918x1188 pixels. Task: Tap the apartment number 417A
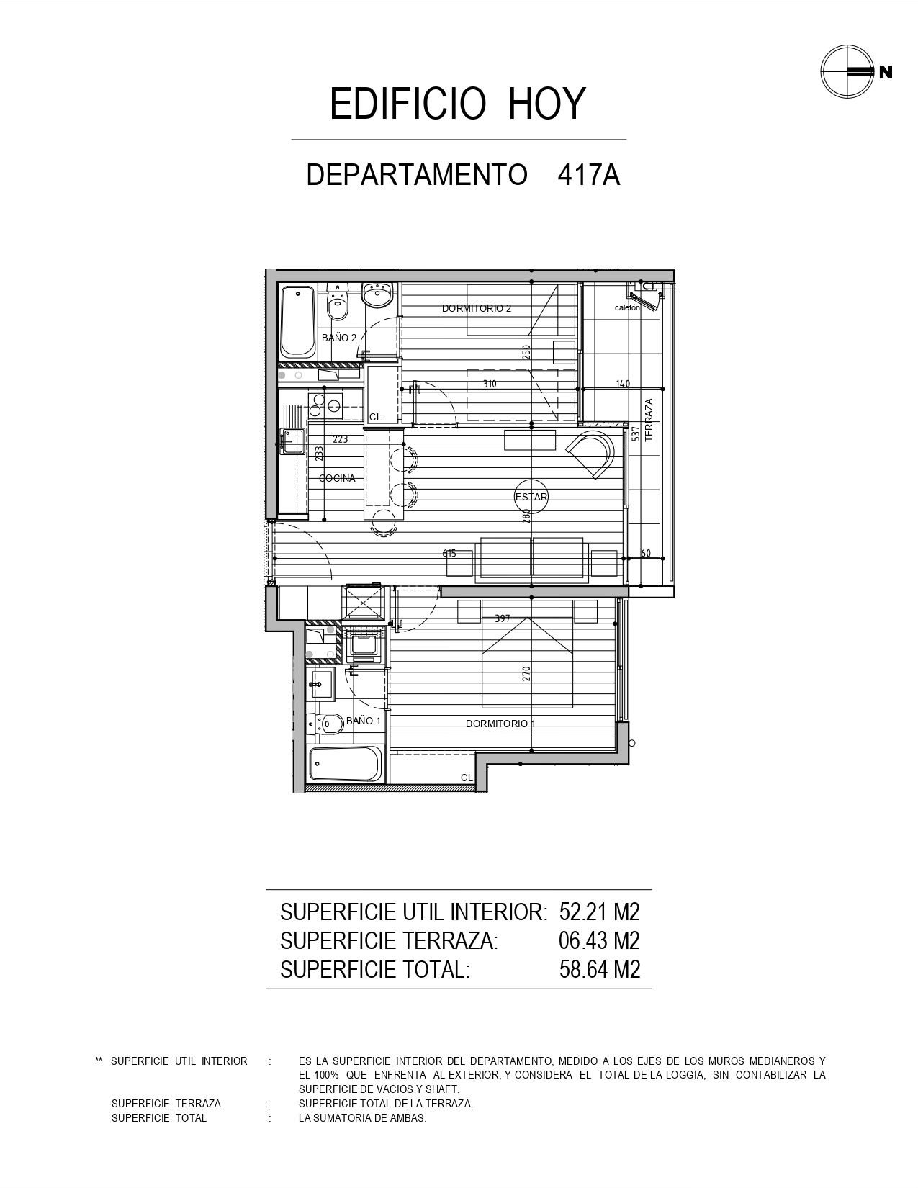pyautogui.click(x=589, y=175)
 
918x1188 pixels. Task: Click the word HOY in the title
pyautogui.click(x=546, y=104)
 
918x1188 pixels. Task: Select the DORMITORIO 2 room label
pyautogui.click(x=476, y=308)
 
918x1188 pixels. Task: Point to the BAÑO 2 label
pyautogui.click(x=339, y=338)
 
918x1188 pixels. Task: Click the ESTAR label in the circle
pyautogui.click(x=531, y=497)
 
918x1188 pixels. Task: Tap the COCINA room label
pyautogui.click(x=337, y=478)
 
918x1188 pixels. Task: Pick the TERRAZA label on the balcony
pyautogui.click(x=649, y=420)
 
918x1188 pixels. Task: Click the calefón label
pyautogui.click(x=627, y=307)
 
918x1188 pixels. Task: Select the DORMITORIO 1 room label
pyautogui.click(x=500, y=724)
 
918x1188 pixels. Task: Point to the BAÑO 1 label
pyautogui.click(x=363, y=721)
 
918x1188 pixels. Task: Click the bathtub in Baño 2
pyautogui.click(x=297, y=322)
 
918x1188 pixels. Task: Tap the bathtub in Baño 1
pyautogui.click(x=345, y=765)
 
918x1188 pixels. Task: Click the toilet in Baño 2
pyautogui.click(x=338, y=302)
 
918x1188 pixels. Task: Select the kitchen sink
pyautogui.click(x=292, y=441)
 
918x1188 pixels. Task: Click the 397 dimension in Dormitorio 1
pyautogui.click(x=503, y=618)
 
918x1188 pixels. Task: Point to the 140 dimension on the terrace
pyautogui.click(x=623, y=384)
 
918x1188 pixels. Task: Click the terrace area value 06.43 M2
pyautogui.click(x=599, y=940)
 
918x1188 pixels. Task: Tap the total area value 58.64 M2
pyautogui.click(x=599, y=969)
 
